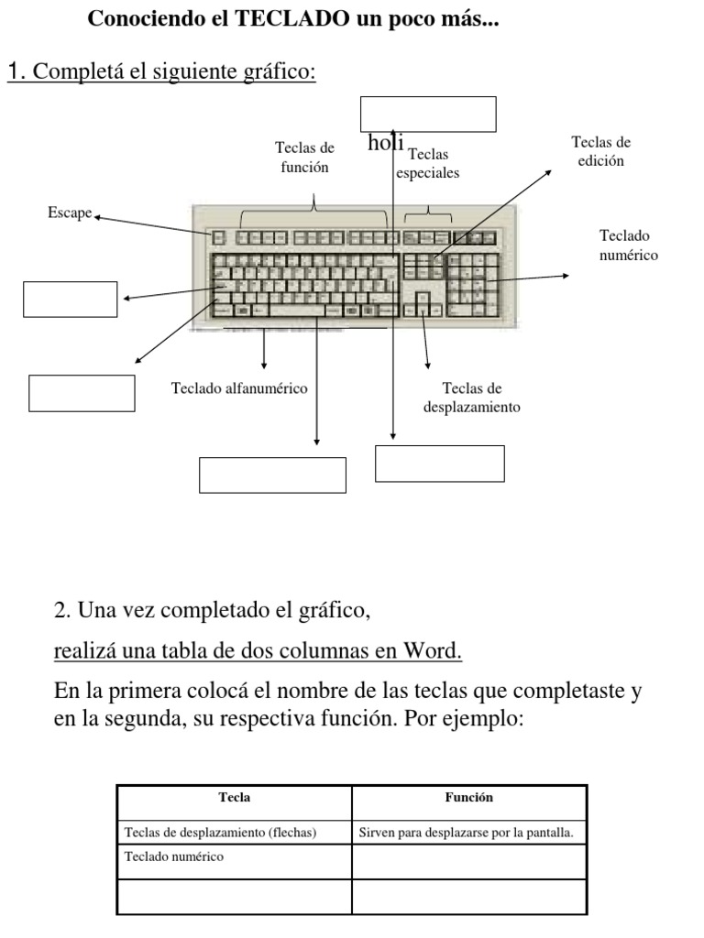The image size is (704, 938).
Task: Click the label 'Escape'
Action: coord(70,213)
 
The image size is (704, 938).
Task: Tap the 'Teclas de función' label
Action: coord(304,157)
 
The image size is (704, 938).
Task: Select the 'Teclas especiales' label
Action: coord(428,163)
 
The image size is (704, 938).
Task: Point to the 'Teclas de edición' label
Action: coord(601,151)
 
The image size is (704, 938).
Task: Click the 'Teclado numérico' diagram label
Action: coord(629,245)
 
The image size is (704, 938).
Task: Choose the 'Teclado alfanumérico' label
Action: coord(239,388)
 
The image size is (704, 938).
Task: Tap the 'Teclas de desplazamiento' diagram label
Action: coord(471,398)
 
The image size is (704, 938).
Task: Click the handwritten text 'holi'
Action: coord(386,143)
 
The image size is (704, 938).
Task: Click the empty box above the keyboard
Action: coord(428,115)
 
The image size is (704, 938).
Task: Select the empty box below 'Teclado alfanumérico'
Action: coord(272,474)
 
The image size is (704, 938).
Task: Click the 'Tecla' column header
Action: coord(235,798)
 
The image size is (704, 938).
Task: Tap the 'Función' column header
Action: coord(468,798)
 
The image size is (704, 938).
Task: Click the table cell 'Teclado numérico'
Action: coord(173,857)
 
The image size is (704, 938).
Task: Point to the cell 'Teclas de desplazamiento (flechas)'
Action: coord(219,833)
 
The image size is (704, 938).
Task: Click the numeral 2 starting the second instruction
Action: coord(60,610)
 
